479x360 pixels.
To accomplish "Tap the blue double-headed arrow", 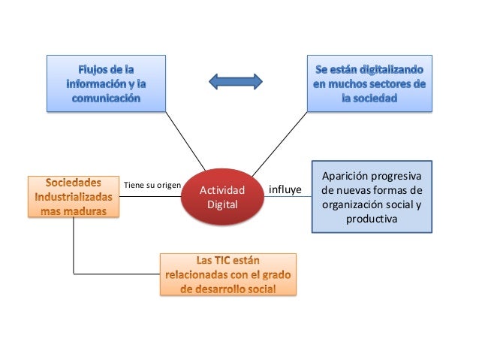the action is coord(235,80).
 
